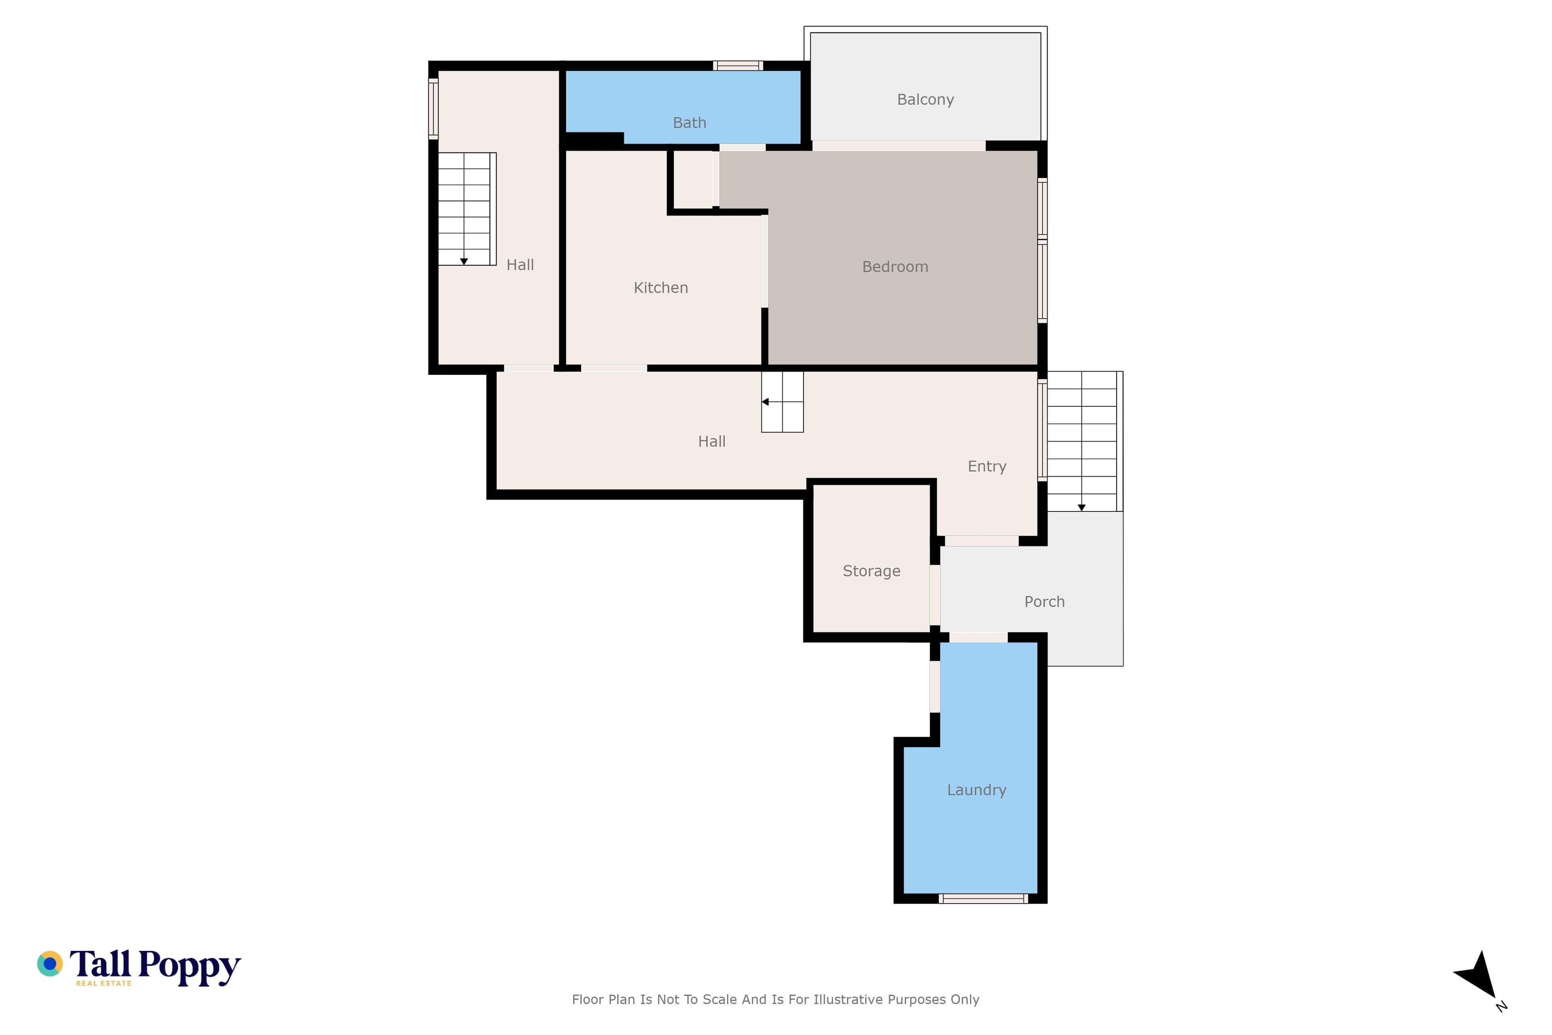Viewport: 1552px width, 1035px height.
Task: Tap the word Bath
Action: click(690, 123)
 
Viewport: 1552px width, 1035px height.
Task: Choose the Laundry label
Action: click(976, 790)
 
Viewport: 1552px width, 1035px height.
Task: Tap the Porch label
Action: click(1044, 601)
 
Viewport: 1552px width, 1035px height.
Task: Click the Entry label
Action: click(987, 467)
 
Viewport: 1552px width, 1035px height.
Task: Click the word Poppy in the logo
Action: click(190, 967)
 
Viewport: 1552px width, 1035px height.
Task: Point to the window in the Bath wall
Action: click(738, 65)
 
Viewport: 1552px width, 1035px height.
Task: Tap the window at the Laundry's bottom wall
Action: click(983, 898)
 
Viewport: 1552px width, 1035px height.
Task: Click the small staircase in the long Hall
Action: click(782, 402)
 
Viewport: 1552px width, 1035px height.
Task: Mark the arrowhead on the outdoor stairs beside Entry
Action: click(1082, 508)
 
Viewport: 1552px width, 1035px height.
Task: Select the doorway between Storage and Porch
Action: click(935, 595)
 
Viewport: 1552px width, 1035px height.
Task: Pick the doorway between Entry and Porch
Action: click(981, 541)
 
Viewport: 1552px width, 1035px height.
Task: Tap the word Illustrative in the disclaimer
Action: click(848, 999)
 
